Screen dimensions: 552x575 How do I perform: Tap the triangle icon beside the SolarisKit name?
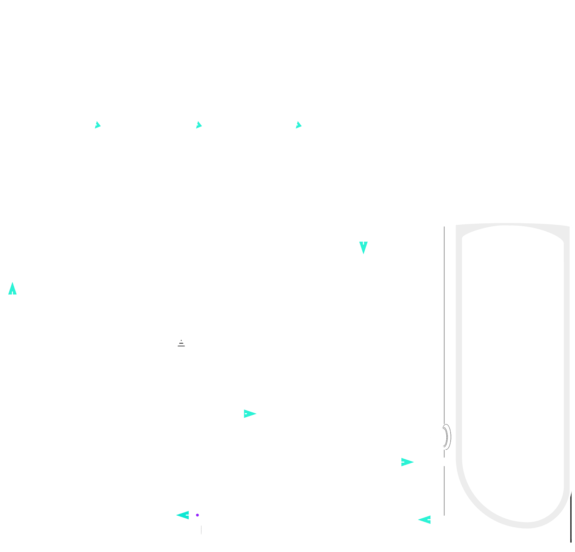pos(181,342)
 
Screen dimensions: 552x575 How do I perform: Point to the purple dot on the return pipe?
pos(197,515)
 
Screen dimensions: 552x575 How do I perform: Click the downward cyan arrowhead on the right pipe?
pos(363,248)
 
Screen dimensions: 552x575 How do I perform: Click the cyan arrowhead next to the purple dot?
pos(183,515)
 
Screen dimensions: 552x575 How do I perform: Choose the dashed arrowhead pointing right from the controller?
pos(250,414)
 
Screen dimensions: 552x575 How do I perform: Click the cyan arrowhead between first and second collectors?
pos(98,125)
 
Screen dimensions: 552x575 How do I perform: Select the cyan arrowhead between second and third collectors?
pos(198,125)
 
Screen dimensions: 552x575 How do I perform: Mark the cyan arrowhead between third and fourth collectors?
pos(298,125)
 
